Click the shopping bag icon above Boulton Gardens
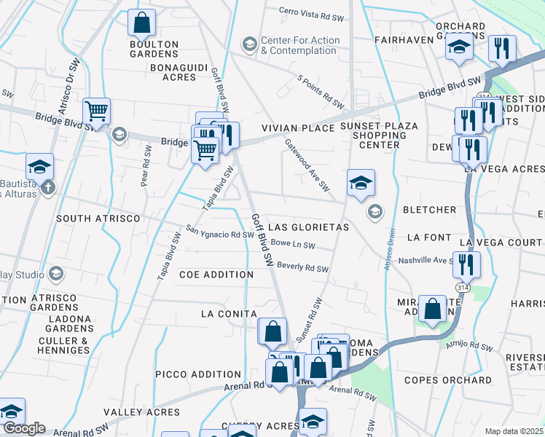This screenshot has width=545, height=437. pyautogui.click(x=142, y=23)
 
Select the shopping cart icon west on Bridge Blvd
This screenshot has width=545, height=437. pyautogui.click(x=96, y=111)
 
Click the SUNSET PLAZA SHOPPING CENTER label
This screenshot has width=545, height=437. pyautogui.click(x=379, y=135)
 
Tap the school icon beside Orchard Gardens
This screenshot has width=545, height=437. pyautogui.click(x=458, y=49)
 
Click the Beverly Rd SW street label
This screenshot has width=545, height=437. pyautogui.click(x=302, y=268)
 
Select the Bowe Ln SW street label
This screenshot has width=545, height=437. pyautogui.click(x=292, y=244)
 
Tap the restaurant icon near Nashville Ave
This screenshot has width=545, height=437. pyautogui.click(x=466, y=264)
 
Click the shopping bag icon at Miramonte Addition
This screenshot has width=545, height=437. pyautogui.click(x=433, y=308)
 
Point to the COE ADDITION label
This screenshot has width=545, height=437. pyautogui.click(x=216, y=275)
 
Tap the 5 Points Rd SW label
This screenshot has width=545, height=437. pyautogui.click(x=320, y=88)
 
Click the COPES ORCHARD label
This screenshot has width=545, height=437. pyautogui.click(x=458, y=380)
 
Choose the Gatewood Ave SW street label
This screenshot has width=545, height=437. pyautogui.click(x=307, y=165)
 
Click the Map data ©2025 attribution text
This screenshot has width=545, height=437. pyautogui.click(x=514, y=431)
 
